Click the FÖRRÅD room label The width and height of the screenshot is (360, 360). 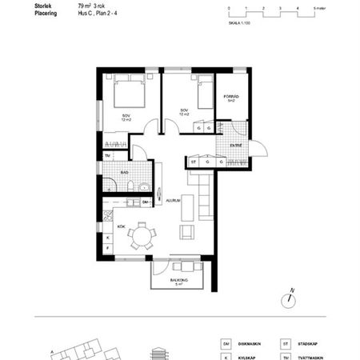pos(230,98)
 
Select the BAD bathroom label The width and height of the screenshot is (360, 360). pos(125,171)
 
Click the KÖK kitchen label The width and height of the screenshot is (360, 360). pos(122,226)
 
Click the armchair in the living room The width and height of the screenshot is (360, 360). pos(186,231)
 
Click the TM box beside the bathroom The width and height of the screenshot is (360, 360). pos(106,155)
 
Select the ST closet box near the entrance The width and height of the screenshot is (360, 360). pos(194,162)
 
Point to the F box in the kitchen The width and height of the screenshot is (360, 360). pos(107,248)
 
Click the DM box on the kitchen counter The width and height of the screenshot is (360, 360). pos(145,202)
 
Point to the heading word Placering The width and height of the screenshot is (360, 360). pos(48,13)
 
